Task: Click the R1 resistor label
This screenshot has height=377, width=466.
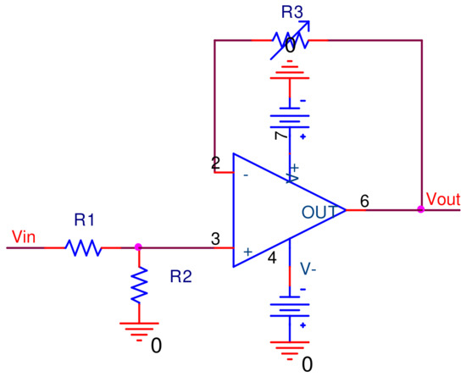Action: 84,221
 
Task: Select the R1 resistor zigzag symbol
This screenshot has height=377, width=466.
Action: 84,248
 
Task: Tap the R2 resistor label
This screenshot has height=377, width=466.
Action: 181,276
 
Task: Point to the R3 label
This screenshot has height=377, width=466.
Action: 291,13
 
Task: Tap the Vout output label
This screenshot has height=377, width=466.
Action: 443,199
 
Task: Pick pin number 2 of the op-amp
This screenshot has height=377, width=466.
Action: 216,164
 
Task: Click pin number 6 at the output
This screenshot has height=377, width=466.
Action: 364,201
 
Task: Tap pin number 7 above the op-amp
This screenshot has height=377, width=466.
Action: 275,136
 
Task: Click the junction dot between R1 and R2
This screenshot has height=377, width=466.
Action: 139,248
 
